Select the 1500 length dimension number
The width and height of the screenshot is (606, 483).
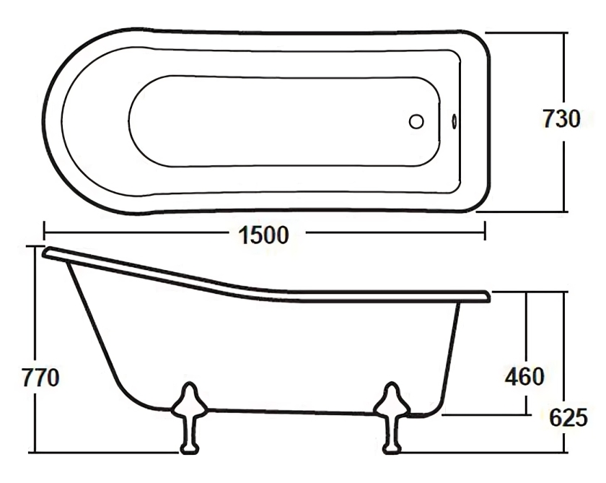click(x=261, y=235)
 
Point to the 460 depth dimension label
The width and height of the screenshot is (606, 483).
click(x=524, y=375)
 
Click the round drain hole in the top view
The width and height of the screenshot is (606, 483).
click(x=416, y=121)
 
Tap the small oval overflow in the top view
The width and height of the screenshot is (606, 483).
click(x=453, y=121)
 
